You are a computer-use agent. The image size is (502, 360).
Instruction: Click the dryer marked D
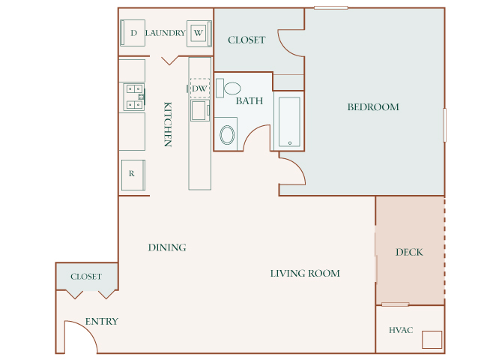133,33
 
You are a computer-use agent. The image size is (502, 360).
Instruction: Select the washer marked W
199,34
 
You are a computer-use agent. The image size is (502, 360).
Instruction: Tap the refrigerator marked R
133,175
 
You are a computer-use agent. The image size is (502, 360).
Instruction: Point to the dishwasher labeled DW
200,88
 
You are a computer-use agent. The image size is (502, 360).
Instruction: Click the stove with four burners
134,97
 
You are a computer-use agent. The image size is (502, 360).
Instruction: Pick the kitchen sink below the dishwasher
200,110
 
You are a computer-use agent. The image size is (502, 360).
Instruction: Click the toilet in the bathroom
229,88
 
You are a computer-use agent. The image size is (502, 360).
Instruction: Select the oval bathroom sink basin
227,135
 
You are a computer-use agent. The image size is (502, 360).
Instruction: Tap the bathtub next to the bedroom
289,121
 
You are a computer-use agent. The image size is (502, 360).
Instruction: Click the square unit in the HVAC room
432,340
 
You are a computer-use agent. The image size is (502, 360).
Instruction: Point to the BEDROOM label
373,107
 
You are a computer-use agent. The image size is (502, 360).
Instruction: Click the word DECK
409,252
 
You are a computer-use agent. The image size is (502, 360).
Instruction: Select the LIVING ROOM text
305,274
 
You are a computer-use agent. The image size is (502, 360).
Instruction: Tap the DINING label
167,247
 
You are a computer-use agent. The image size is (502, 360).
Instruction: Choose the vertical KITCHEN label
168,124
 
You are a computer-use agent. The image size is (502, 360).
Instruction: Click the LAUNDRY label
165,33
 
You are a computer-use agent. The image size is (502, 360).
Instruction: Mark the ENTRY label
101,321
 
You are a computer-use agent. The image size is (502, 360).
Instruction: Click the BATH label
250,101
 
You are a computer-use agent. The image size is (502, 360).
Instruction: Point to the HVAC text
401,330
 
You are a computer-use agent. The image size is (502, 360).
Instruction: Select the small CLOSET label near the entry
86,277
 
